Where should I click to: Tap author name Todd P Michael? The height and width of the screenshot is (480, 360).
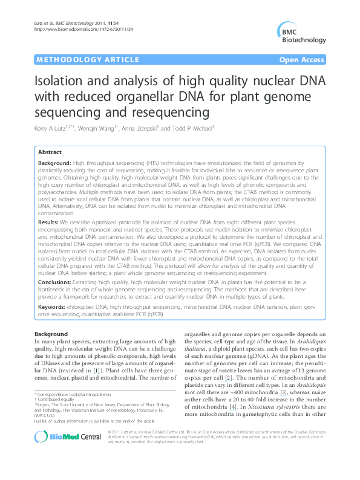pyautogui.click(x=208, y=128)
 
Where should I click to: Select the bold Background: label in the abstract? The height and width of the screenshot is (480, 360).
pyautogui.click(x=54, y=164)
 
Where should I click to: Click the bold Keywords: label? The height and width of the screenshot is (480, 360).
pyautogui.click(x=52, y=307)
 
